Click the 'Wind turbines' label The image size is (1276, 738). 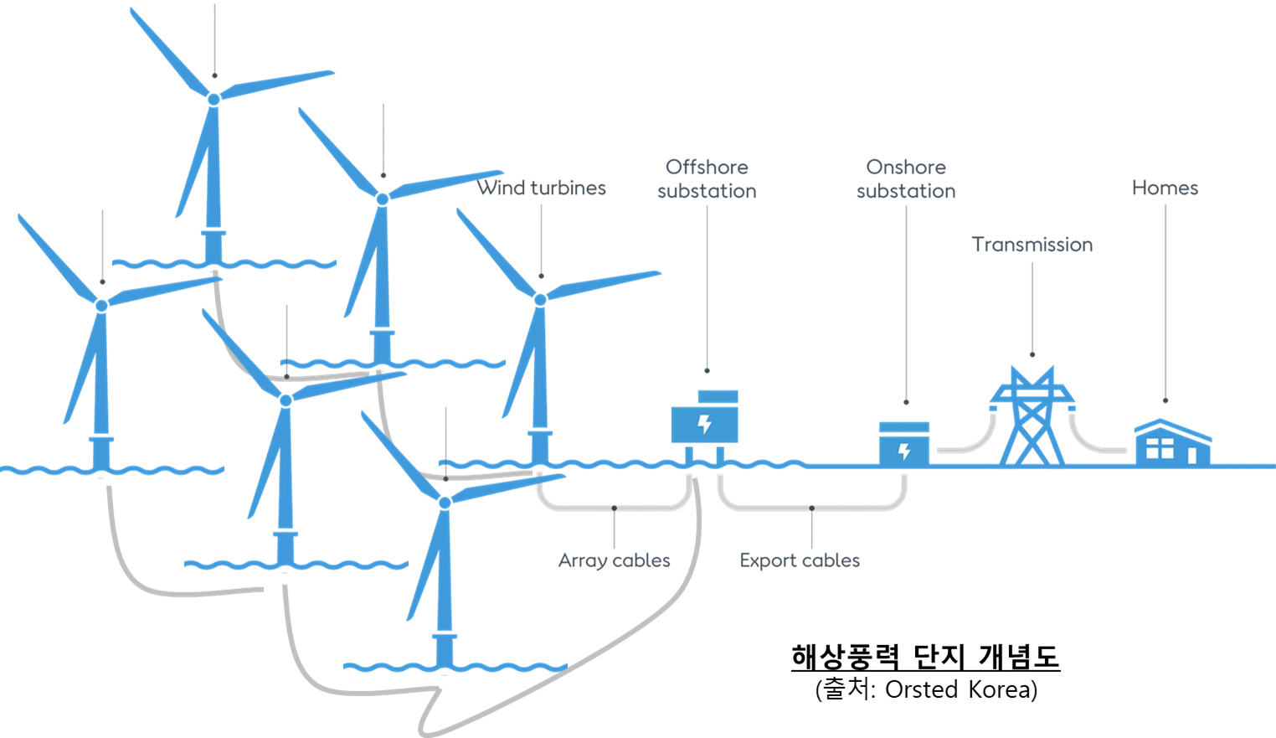542,188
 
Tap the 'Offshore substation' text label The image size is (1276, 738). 707,179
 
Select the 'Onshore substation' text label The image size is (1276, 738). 906,179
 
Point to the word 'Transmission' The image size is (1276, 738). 1032,245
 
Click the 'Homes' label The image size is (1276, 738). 1165,188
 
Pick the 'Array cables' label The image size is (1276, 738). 615,560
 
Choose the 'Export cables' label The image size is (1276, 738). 800,560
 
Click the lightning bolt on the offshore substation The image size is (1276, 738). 705,423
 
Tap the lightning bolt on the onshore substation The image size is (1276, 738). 904,452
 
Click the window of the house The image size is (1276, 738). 1160,449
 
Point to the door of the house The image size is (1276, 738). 1192,456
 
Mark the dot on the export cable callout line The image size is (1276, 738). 811,508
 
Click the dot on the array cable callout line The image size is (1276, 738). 615,508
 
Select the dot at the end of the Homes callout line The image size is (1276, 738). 1165,400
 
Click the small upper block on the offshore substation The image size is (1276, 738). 718,396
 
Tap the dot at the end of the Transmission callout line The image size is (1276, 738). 1032,354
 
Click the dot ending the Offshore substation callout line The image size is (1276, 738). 707,369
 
